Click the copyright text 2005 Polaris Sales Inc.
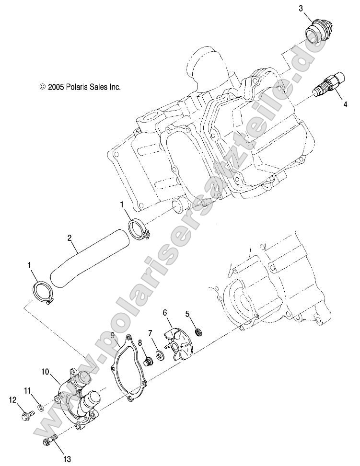click(x=80, y=87)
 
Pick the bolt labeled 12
click(x=27, y=415)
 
